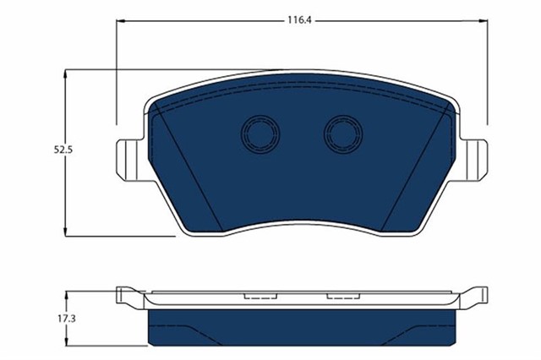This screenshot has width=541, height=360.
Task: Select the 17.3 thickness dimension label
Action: click(x=55, y=320)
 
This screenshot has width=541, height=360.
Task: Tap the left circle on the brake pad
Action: click(x=259, y=133)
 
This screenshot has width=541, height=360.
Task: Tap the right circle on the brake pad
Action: click(x=343, y=133)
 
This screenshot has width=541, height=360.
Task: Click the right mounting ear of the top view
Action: click(x=478, y=160)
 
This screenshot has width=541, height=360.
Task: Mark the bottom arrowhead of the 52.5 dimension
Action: click(x=67, y=231)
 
